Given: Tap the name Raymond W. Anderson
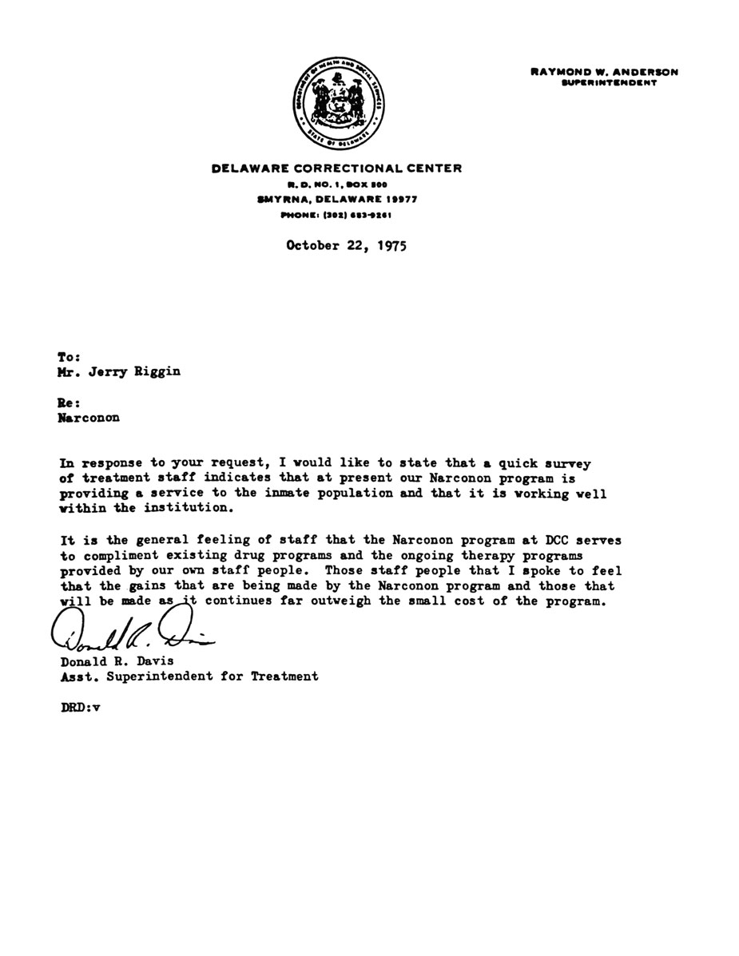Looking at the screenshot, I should [604, 72].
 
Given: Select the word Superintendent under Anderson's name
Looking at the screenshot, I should [610, 83].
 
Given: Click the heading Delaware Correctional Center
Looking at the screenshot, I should [336, 168].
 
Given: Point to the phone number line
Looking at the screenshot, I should [336, 215].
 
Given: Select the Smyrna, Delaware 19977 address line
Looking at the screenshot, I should [336, 199].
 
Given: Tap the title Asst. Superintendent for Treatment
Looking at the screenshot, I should [189, 676].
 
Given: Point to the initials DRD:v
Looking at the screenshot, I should [80, 706].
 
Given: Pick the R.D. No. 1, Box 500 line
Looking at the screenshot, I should [336, 184].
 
